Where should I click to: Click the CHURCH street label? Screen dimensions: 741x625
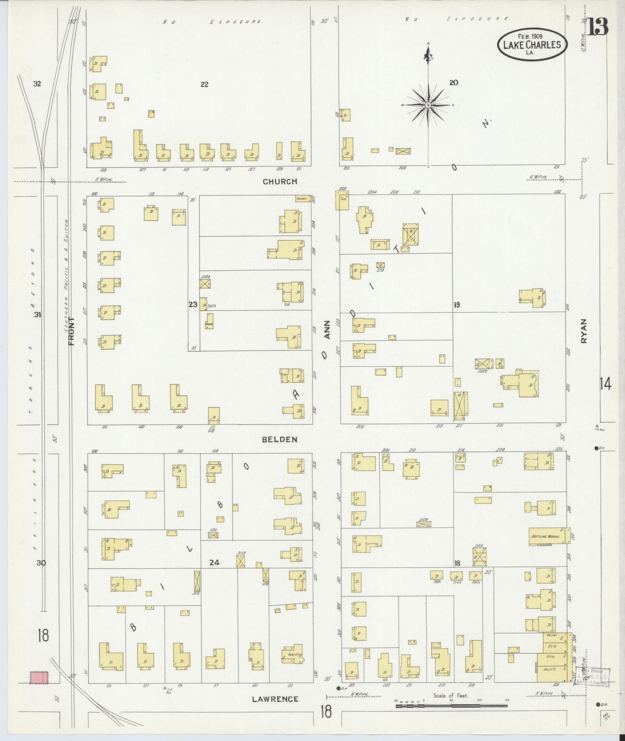(280, 182)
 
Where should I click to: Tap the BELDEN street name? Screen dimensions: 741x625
(279, 439)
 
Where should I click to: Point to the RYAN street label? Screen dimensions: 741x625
(584, 331)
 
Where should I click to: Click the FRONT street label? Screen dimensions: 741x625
(72, 331)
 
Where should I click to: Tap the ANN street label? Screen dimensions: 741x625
(327, 329)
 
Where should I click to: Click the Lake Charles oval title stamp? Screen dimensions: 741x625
(532, 45)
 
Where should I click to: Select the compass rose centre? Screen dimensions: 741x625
(428, 105)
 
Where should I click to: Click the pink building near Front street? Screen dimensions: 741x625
(39, 677)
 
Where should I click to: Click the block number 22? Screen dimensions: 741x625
(204, 84)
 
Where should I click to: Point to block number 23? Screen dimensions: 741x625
(193, 304)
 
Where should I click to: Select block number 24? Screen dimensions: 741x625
(214, 562)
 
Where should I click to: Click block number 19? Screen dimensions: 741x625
(456, 305)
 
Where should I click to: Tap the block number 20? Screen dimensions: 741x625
(453, 83)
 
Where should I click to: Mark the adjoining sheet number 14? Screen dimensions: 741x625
(605, 383)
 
